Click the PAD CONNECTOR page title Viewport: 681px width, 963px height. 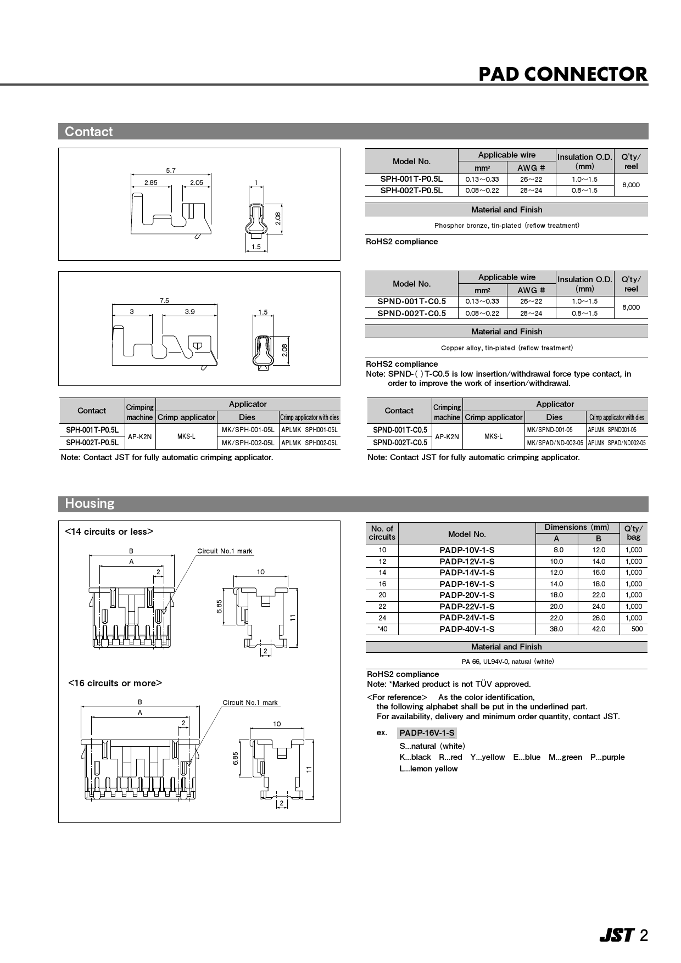(562, 74)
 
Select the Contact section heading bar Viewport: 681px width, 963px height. (353, 131)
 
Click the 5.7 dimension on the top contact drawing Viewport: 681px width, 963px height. (171, 171)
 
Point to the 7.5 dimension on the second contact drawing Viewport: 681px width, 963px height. (164, 301)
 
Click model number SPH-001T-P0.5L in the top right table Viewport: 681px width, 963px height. (411, 179)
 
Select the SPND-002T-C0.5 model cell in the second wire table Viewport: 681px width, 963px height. (411, 313)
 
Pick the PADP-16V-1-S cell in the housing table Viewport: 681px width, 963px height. (467, 584)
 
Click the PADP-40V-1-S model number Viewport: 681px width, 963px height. (467, 629)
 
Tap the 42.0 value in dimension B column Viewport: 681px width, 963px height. (599, 629)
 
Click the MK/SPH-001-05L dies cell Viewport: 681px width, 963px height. (248, 430)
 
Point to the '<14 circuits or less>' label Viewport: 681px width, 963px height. (109, 531)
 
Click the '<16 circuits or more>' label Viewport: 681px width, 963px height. (115, 683)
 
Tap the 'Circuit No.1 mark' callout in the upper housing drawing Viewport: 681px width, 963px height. (225, 551)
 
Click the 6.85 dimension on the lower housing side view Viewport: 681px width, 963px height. (236, 758)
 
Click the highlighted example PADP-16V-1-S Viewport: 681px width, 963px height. (427, 733)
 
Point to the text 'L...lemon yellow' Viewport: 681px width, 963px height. (428, 769)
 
